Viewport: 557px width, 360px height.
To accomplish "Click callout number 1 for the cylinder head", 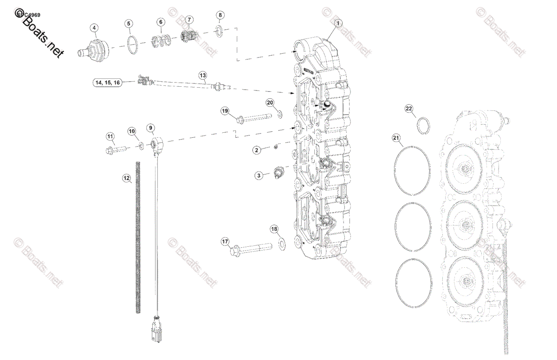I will [338, 23].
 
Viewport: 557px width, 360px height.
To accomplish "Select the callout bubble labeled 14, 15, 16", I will [107, 83].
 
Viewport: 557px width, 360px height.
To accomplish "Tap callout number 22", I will [409, 109].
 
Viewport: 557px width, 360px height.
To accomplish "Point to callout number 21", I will [396, 138].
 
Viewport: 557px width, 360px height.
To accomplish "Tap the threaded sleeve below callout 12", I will [138, 237].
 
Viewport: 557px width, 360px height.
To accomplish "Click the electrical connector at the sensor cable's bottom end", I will [156, 329].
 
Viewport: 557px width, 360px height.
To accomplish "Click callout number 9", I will [151, 128].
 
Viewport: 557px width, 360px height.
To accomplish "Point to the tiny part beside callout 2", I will [275, 147].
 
